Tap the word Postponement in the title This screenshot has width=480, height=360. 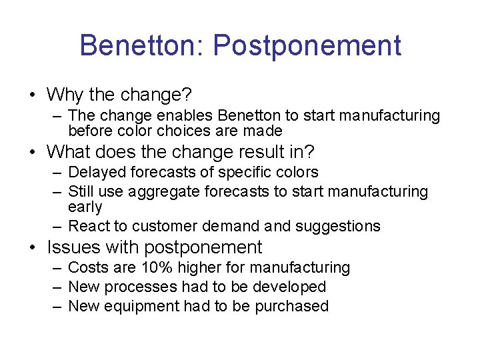click(307, 47)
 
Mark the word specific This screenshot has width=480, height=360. click(221, 173)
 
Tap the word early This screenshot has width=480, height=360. click(85, 207)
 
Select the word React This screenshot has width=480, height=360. click(90, 226)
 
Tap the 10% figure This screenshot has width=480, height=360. click(155, 267)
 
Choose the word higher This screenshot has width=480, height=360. click(199, 268)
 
